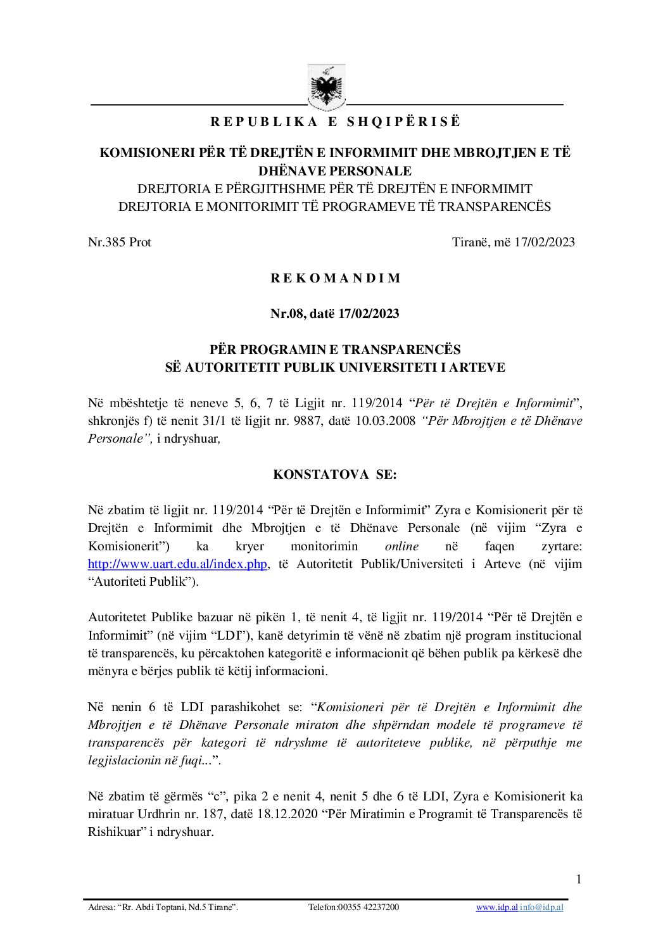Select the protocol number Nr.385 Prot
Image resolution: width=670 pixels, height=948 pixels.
click(x=119, y=242)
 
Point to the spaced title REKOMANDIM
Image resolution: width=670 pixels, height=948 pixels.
click(x=336, y=278)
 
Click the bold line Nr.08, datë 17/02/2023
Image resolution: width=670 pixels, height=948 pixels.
click(x=336, y=313)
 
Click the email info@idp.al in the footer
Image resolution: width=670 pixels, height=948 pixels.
click(x=541, y=907)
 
